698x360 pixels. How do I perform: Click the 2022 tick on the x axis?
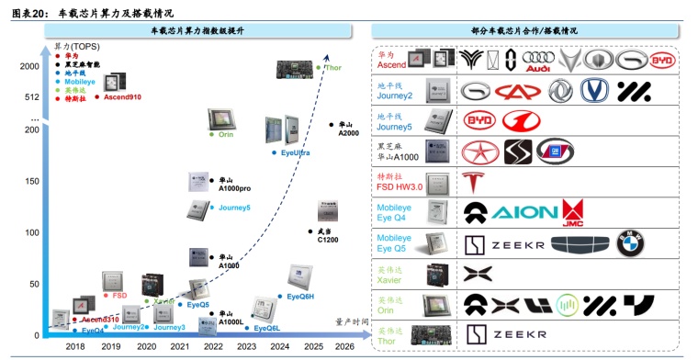click(x=213, y=347)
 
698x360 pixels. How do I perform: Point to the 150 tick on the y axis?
click(x=34, y=181)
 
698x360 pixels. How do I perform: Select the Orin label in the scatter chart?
click(x=226, y=134)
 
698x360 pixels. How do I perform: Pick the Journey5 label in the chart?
click(x=233, y=208)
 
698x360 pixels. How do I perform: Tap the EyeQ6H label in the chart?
click(x=300, y=297)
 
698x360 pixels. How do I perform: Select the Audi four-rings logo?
click(x=538, y=61)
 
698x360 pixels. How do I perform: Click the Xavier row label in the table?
click(x=391, y=277)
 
